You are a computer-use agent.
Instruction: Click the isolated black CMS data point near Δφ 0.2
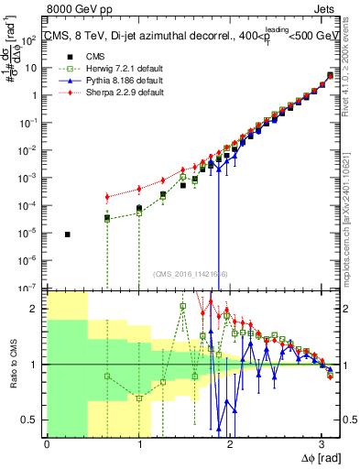pos(68,234)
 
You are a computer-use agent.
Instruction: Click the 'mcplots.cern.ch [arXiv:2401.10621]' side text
pos(352,211)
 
